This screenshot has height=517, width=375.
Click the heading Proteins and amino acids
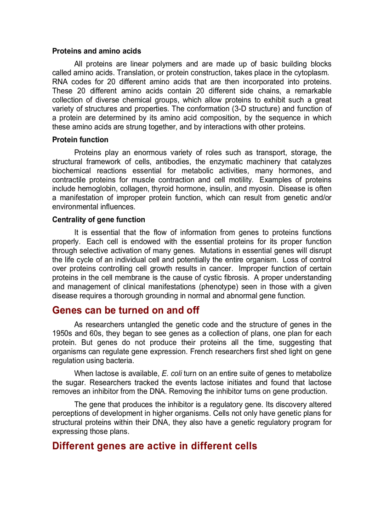[x=97, y=51]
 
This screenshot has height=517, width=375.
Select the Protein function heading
[x=80, y=139]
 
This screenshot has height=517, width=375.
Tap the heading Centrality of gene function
[x=98, y=220]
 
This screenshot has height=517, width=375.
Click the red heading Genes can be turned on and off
[x=126, y=310]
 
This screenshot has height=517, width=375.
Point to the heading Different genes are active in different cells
[x=154, y=446]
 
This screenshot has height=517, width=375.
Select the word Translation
[x=136, y=73]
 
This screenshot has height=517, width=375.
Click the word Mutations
[x=216, y=250]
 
